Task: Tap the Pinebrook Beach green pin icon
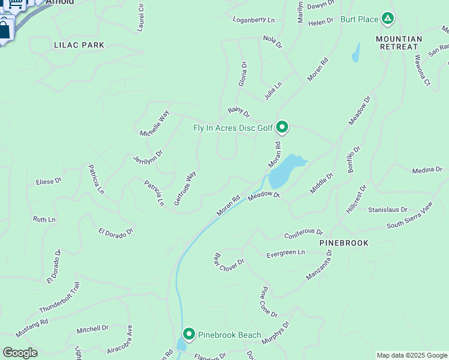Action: pos(189,334)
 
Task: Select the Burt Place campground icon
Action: pos(388,19)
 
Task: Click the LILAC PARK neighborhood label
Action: pos(79,45)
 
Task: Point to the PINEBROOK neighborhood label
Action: pos(344,243)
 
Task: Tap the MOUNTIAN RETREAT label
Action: pos(399,43)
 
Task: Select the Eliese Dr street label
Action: pos(49,181)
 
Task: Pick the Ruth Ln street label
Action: pos(44,220)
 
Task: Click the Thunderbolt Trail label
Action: pos(59,298)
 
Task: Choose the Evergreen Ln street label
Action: pos(286,253)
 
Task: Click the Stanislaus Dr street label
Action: pos(388,211)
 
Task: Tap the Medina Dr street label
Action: pos(427,170)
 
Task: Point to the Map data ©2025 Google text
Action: pos(412,355)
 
